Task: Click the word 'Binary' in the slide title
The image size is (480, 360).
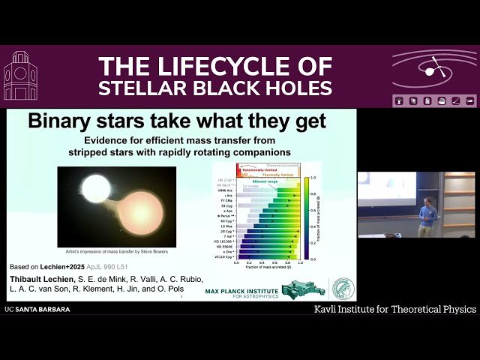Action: (x=58, y=121)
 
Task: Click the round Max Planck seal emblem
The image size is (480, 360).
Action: (x=343, y=289)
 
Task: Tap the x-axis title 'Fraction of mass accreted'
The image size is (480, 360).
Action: (x=268, y=268)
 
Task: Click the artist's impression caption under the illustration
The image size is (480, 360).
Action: (x=117, y=253)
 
